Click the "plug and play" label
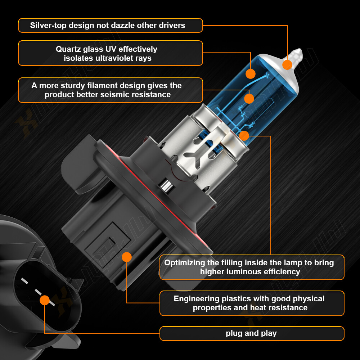[251, 333]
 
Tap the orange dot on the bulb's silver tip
[287, 65]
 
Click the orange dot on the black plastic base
[127, 257]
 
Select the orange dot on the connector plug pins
[45, 300]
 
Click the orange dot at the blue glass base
[244, 136]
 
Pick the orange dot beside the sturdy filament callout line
[249, 99]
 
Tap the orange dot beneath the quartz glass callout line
[251, 74]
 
